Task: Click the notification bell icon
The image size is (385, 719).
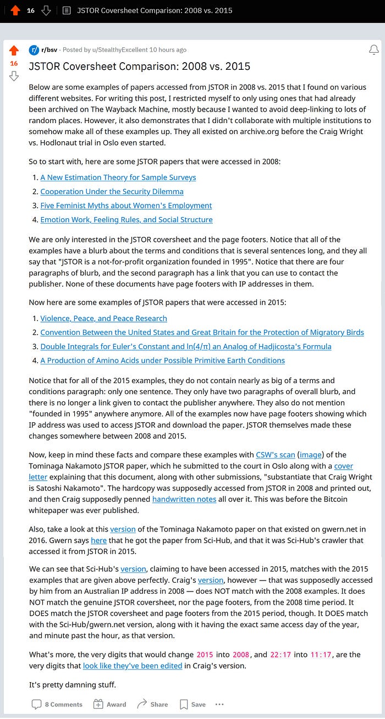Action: click(x=373, y=50)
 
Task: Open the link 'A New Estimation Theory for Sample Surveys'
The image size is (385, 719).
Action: click(x=118, y=178)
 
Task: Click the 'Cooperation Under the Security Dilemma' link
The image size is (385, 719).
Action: click(x=112, y=192)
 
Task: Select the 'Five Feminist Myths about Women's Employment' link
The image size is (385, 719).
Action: click(x=126, y=206)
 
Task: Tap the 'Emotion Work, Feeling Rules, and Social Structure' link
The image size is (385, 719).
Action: click(x=127, y=220)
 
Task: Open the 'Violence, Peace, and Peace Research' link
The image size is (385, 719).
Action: click(x=103, y=318)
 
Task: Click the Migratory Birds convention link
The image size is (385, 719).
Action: click(x=210, y=333)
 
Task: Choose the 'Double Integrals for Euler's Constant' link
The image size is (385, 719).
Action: click(x=185, y=346)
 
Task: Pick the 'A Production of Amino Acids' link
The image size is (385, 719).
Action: click(x=162, y=361)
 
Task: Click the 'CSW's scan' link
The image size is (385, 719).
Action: click(x=276, y=455)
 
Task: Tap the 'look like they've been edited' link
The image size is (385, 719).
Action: click(x=133, y=666)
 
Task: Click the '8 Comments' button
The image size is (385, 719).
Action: click(x=57, y=704)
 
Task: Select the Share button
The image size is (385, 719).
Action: click(x=152, y=704)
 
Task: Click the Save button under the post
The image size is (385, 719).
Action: click(x=193, y=704)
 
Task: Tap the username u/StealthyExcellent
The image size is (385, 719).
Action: click(x=117, y=50)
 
